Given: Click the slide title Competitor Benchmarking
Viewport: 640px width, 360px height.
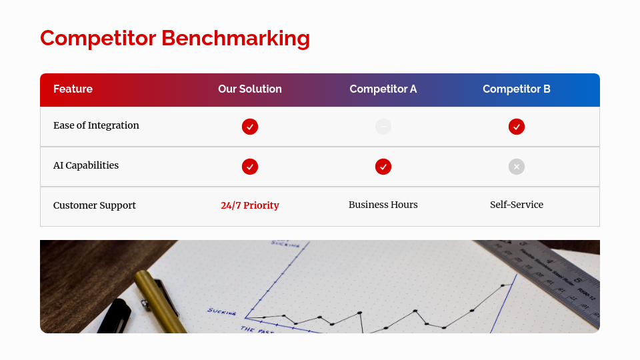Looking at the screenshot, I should (175, 38).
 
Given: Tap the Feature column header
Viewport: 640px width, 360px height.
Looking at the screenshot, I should (73, 89).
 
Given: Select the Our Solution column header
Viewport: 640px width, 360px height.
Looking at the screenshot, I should (250, 89).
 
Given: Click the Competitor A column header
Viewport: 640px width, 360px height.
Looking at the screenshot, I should (383, 89).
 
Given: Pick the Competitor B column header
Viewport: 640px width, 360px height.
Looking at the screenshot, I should (517, 89).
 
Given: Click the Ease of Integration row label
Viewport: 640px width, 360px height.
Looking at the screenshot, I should (96, 125).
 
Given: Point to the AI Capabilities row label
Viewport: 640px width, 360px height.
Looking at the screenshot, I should (86, 165).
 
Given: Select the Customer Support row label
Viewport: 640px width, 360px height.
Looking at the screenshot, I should (95, 205).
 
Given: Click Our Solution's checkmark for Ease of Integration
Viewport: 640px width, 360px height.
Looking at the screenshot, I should (250, 127).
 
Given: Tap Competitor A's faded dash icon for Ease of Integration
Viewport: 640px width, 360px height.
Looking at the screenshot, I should (383, 127).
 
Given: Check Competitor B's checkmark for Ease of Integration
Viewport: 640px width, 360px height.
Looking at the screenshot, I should (517, 127).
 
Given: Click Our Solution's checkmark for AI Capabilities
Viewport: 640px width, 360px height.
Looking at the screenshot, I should (250, 167).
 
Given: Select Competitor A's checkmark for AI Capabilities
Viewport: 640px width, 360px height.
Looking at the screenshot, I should (383, 167).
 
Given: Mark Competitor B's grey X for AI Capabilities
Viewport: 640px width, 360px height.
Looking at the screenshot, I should (517, 167).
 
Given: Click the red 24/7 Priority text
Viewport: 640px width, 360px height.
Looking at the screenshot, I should (250, 205).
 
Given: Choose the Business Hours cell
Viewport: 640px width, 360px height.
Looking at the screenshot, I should (383, 205).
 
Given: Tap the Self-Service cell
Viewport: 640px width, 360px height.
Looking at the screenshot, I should (517, 205).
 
